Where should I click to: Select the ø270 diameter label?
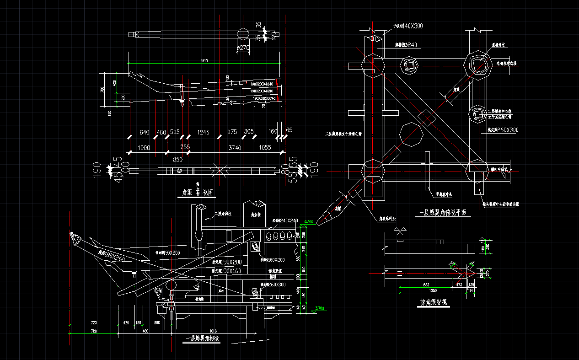[x=243, y=47]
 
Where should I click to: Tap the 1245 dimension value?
[x=203, y=132]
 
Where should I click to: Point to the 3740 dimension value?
[x=235, y=147]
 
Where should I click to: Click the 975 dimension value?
[x=232, y=132]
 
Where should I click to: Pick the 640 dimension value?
[x=145, y=132]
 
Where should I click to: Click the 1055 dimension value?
[x=265, y=147]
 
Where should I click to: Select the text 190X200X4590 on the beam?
[x=262, y=91]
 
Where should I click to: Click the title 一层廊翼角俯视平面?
[x=442, y=213]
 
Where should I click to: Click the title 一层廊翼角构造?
[x=203, y=339]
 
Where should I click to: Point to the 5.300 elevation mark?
[x=309, y=222]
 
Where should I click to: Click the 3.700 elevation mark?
[x=320, y=308]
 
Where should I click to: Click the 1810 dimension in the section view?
[x=213, y=331]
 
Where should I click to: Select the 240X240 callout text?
[x=289, y=221]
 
